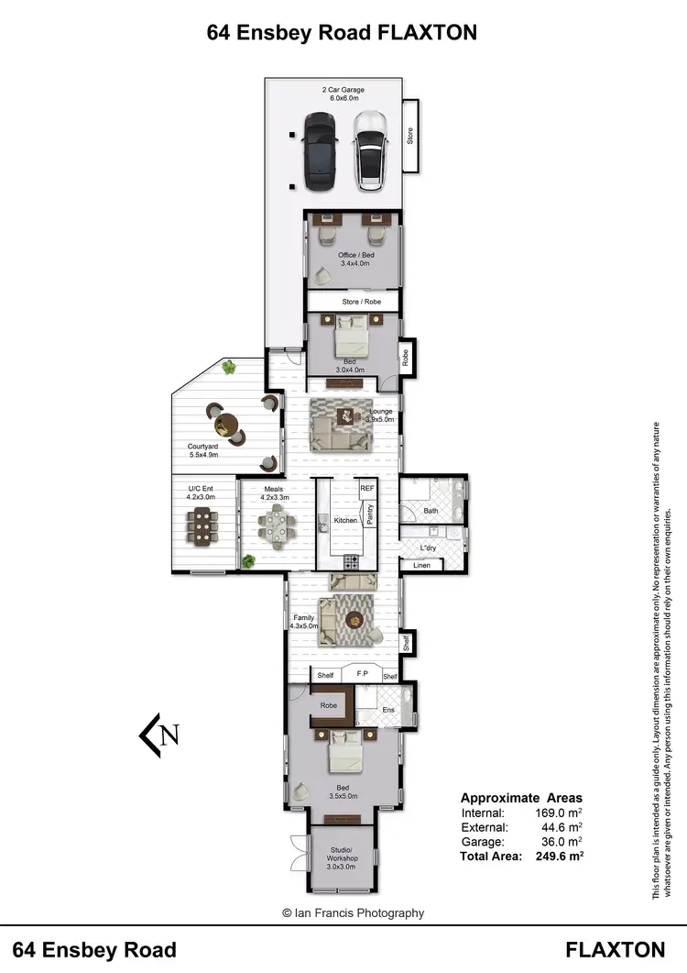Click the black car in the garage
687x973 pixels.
pos(318,150)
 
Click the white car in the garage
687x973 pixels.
pos(370,150)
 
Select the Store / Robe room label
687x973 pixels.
pos(354,302)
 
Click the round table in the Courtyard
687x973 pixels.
pos(224,425)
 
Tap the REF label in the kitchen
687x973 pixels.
pos(367,489)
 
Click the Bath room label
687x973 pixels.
pos(431,511)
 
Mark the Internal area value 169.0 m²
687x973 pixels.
pos(557,813)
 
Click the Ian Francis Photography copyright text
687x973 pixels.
pos(353,912)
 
